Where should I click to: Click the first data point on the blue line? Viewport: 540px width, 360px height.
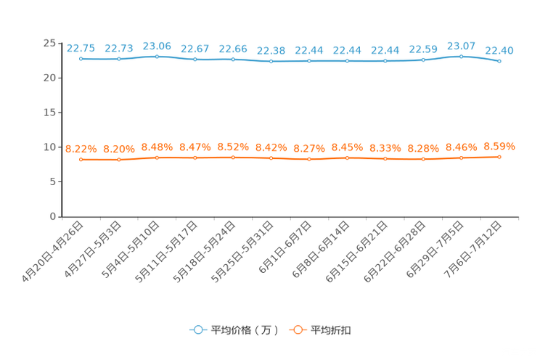coord(81,58)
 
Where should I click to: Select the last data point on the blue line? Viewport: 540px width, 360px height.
coord(499,62)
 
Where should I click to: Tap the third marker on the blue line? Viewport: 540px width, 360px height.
coord(157,56)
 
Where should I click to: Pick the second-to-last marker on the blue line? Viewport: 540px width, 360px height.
coord(461,56)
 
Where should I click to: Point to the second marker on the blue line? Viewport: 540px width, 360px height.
coord(118,59)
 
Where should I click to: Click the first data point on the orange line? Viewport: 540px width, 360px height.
coord(81,159)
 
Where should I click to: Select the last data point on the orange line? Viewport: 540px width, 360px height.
coord(499,157)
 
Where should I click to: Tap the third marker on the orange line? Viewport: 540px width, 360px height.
coord(157,157)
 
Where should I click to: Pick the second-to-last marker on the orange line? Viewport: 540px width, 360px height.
coord(461,157)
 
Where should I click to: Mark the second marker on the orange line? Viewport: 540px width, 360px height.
coord(118,160)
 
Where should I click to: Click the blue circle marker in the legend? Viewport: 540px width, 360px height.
coord(197,330)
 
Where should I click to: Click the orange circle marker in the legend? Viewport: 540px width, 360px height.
coord(297,330)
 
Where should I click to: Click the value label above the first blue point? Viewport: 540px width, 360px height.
coord(81,48)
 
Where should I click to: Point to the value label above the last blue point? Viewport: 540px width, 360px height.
coord(499,50)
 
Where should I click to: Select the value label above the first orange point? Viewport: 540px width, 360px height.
coord(81,149)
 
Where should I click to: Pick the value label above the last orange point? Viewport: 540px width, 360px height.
coord(499,147)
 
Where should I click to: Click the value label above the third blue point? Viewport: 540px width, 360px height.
coord(157,46)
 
